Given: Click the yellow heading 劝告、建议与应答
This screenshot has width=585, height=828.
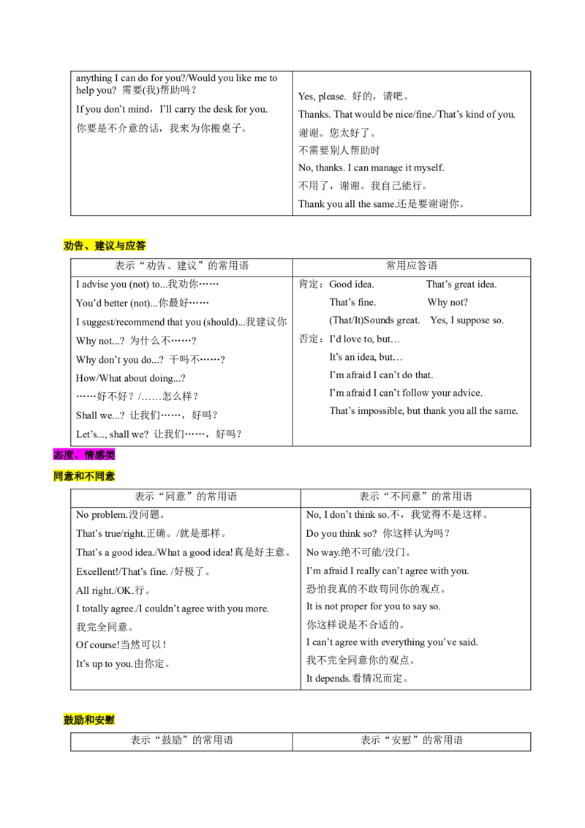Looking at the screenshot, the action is click(x=105, y=246).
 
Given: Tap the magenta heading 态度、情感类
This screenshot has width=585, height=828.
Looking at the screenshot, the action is click(x=84, y=455).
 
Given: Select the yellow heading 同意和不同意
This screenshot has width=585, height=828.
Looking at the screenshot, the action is click(x=84, y=476).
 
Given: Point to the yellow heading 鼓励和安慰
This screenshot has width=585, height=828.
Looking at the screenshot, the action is click(x=88, y=720).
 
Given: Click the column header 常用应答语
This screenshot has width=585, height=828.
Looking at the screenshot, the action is click(x=412, y=266).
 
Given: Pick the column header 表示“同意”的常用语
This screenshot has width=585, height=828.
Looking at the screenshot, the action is click(x=186, y=497).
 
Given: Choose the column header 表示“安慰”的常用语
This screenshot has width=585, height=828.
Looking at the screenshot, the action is click(x=412, y=740).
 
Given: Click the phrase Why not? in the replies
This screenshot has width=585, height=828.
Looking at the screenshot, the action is click(x=448, y=303).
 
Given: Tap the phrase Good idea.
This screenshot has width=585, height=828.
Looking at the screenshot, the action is click(x=352, y=284).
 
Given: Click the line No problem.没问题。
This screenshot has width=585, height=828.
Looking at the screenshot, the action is click(x=121, y=515).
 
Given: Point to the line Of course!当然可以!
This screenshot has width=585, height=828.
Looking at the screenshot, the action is click(x=121, y=644).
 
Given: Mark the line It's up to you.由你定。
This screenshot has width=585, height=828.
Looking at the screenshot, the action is click(x=123, y=663).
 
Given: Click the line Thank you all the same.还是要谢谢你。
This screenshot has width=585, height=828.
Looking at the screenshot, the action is click(x=381, y=204).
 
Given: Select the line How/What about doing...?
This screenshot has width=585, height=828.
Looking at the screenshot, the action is click(x=130, y=378).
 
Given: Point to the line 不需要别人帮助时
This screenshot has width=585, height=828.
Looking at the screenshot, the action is click(x=339, y=151).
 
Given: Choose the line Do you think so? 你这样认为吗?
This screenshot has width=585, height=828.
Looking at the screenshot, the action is click(x=378, y=533).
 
